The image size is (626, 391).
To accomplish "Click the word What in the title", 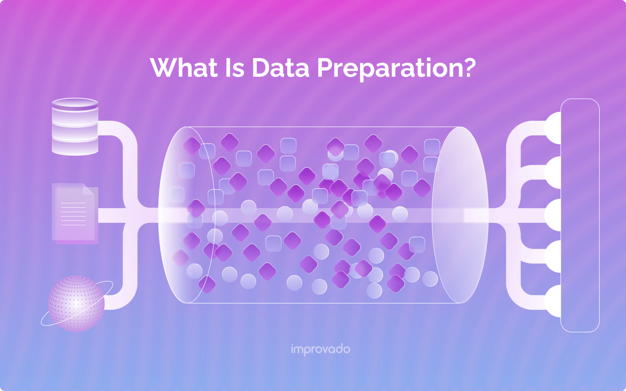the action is pyautogui.click(x=184, y=67).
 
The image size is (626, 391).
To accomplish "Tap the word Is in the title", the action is pyautogui.click(x=235, y=67).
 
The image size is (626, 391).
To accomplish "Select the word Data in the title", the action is pyautogui.click(x=281, y=67).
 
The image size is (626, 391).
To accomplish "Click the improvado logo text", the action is pyautogui.click(x=320, y=349).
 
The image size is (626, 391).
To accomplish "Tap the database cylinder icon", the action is pyautogui.click(x=75, y=127).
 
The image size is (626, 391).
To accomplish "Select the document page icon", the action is pyautogui.click(x=75, y=214).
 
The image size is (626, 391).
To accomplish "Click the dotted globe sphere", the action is pyautogui.click(x=76, y=304).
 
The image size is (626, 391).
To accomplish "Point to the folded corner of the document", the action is pyautogui.click(x=89, y=189).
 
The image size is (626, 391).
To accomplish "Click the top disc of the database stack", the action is pyautogui.click(x=75, y=103).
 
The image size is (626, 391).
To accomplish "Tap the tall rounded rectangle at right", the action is pyautogui.click(x=580, y=216).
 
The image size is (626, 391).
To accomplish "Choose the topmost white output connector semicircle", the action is pyautogui.click(x=553, y=128).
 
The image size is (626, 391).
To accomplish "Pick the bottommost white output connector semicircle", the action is pyautogui.click(x=553, y=301).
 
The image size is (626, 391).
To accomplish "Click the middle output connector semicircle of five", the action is pyautogui.click(x=553, y=215).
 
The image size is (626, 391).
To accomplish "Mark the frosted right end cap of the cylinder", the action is pyautogui.click(x=460, y=215).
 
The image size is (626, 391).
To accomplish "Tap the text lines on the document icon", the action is pyautogui.click(x=73, y=214).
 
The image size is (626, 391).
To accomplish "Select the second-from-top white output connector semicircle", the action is pyautogui.click(x=553, y=173).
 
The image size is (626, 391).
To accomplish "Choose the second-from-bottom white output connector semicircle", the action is pyautogui.click(x=553, y=257).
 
